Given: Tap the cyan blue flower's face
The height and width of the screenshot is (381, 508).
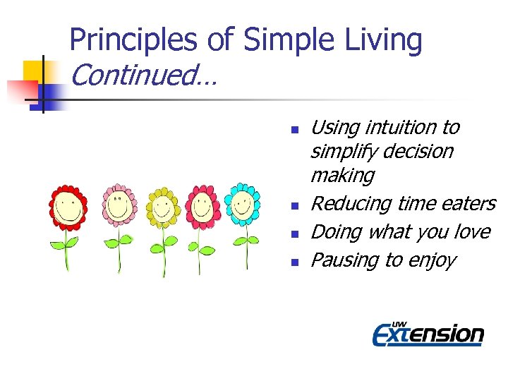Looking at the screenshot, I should (243, 205).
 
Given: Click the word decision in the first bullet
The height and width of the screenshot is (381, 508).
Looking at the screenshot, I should (418, 152).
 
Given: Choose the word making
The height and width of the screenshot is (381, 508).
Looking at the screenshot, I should (342, 175).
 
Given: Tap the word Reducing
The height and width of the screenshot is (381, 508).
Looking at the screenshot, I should (351, 204).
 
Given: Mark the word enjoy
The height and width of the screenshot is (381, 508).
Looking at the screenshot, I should (431, 260).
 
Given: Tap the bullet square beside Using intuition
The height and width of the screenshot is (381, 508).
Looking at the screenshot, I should (296, 130).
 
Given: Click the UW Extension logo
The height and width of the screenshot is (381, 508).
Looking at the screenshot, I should (428, 332).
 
